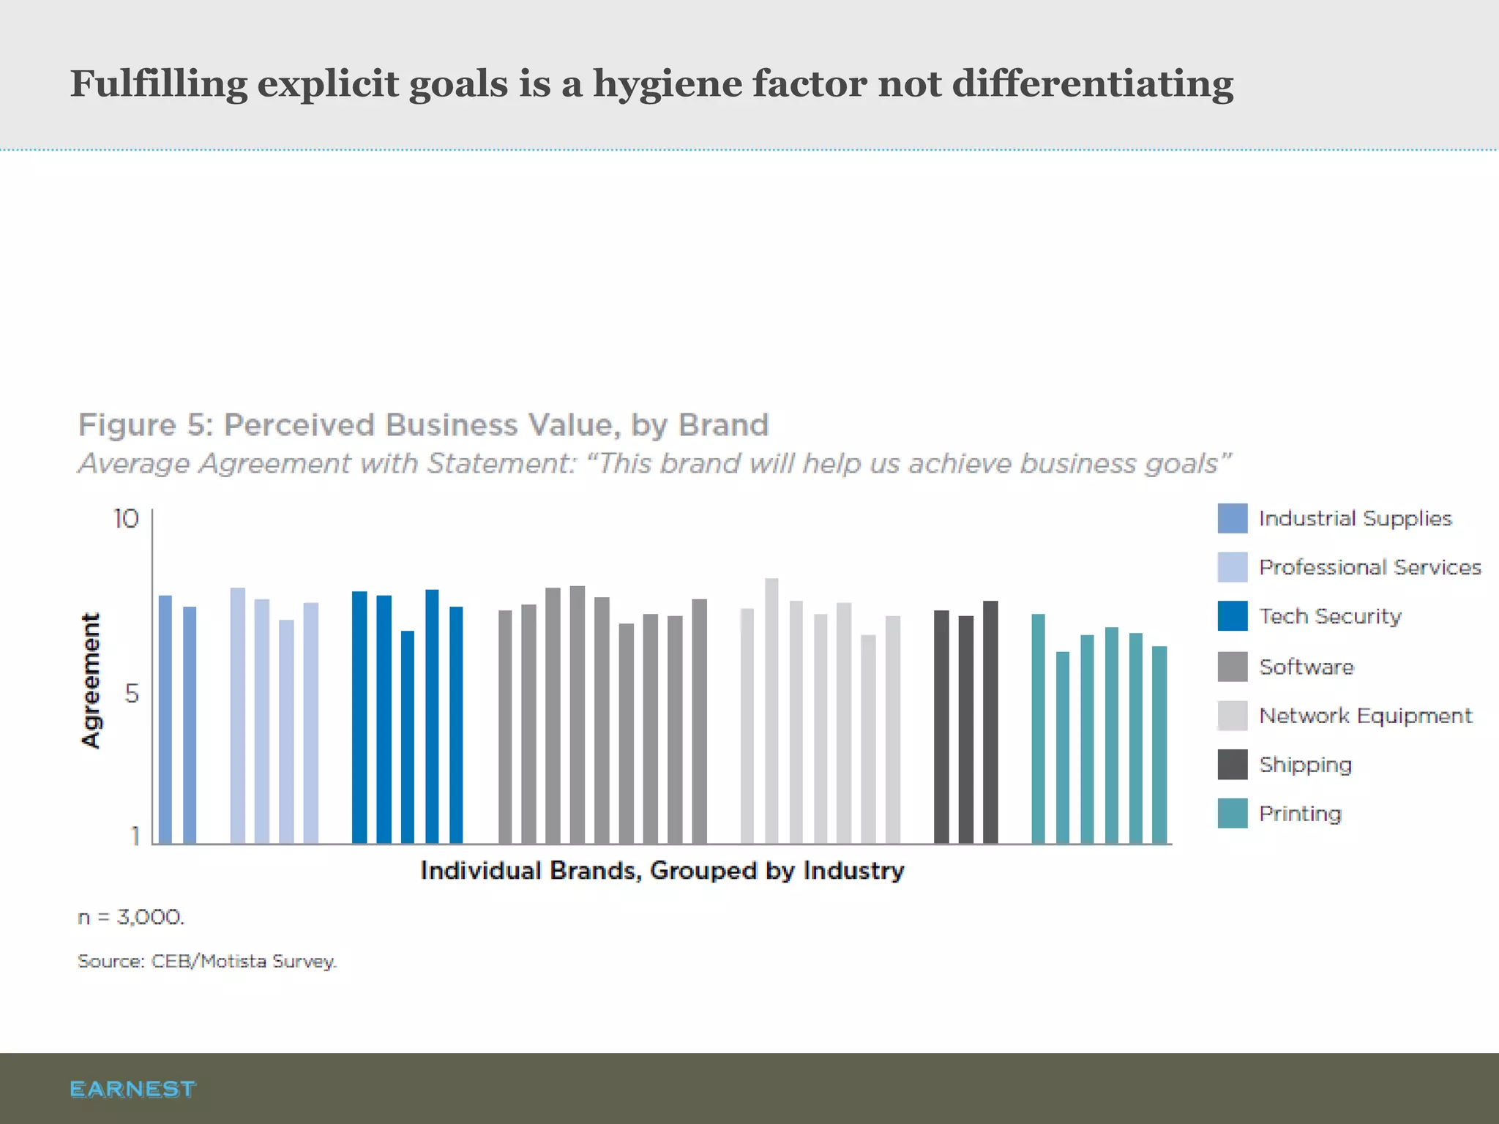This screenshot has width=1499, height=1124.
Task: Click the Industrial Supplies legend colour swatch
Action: [1233, 518]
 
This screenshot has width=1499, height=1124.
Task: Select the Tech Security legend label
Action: [1330, 616]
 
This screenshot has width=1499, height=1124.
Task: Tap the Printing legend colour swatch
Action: [1233, 813]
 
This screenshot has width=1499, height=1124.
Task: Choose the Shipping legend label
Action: [1305, 765]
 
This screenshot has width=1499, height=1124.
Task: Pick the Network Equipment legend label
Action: [1365, 716]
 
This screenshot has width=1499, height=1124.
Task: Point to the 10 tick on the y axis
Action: [126, 519]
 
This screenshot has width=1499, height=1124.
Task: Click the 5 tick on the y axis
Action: [132, 692]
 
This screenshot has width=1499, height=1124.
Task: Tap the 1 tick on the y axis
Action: [135, 835]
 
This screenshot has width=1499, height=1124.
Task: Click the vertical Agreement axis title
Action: [90, 681]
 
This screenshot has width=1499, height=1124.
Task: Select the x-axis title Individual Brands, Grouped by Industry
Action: [662, 870]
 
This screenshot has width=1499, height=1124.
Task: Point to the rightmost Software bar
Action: [699, 721]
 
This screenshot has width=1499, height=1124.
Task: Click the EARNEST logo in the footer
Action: [132, 1089]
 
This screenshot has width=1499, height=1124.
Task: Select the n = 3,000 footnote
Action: [132, 917]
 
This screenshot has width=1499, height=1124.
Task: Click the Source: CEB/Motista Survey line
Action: [207, 961]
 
